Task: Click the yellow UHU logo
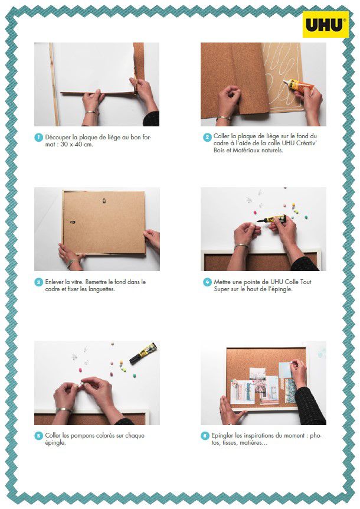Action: tap(326, 24)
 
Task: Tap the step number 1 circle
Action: tap(38, 138)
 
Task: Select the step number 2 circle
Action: tap(207, 137)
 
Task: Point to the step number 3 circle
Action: tap(38, 282)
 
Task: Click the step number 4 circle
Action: tap(207, 282)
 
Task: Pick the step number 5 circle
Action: tap(38, 436)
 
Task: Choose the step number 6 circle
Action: tap(205, 436)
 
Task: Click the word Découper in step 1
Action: tap(58, 138)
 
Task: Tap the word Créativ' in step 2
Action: tap(306, 143)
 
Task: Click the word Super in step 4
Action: tap(221, 289)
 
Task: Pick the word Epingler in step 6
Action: tap(222, 436)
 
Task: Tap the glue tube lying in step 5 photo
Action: tap(143, 353)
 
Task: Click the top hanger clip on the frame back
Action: tap(104, 201)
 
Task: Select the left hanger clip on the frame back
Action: tap(73, 223)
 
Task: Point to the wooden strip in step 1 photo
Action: tap(54, 84)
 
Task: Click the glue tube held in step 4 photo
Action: tap(272, 219)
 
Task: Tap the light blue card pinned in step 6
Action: tap(286, 371)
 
